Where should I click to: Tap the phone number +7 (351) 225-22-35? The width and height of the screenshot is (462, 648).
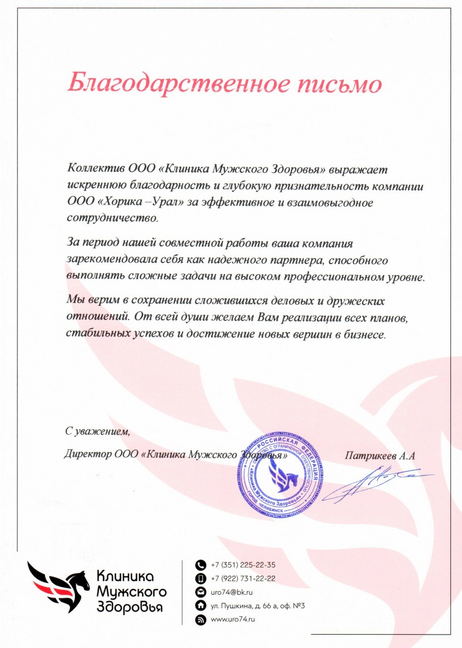243,565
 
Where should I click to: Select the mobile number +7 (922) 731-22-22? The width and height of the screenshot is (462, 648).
243,579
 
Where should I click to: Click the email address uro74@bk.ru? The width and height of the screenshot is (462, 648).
231,593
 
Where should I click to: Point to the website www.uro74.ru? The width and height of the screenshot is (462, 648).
233,619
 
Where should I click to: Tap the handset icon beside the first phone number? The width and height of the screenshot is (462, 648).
201,565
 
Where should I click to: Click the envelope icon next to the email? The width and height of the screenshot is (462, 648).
201,593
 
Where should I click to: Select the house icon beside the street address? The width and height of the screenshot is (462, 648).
201,606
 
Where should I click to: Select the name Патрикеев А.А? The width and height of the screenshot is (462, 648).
380,455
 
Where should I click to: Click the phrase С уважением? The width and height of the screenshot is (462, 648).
98,431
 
